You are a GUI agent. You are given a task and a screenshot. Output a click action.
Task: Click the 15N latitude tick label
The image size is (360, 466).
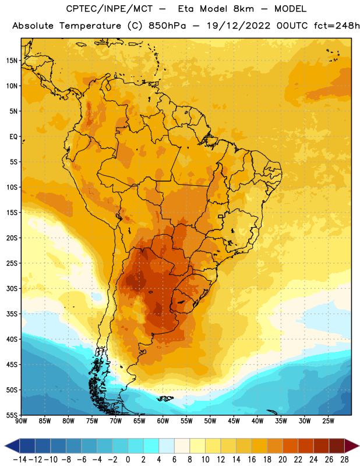coord(12,61)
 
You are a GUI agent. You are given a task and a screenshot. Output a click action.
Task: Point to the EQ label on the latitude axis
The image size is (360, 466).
coord(13,137)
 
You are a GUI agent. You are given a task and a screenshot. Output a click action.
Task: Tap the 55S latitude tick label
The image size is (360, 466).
coord(12,415)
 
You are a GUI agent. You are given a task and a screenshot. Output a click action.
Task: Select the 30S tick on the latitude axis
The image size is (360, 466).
coord(12,288)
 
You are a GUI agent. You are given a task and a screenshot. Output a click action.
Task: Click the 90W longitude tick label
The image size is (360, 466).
coord(22,421)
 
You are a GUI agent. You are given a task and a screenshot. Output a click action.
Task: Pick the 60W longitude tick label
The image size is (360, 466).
coord(163,421)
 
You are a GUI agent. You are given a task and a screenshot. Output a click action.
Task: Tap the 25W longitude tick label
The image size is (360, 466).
coord(328,421)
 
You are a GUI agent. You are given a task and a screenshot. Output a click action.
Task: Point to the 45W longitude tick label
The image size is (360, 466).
coord(234,421)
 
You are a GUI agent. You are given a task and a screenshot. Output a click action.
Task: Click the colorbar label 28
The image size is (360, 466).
coord(344,460)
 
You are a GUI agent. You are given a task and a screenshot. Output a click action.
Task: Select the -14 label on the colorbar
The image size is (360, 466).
coord(20,460)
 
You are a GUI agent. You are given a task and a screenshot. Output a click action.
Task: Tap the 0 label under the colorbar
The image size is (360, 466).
coord(128,460)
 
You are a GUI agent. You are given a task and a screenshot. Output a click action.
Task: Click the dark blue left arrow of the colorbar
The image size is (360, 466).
coord(12,446)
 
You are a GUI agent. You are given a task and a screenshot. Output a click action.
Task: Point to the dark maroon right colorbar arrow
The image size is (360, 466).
coord(352,446)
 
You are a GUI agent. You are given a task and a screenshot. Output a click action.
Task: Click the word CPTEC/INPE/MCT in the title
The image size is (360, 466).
coord(110,9)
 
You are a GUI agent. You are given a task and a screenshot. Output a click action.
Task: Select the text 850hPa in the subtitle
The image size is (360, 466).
coord(167,26)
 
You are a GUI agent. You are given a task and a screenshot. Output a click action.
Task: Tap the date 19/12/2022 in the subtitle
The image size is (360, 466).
coord(238,26)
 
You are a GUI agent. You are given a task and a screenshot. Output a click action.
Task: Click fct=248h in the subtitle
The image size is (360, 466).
coord(337,26)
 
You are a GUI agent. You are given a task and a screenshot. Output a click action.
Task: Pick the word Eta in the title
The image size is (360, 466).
coord(186,9)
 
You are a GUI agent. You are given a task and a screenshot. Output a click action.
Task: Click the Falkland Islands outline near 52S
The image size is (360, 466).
coord(165,398)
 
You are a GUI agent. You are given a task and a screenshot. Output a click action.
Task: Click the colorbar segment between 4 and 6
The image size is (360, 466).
coord(167,446)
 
